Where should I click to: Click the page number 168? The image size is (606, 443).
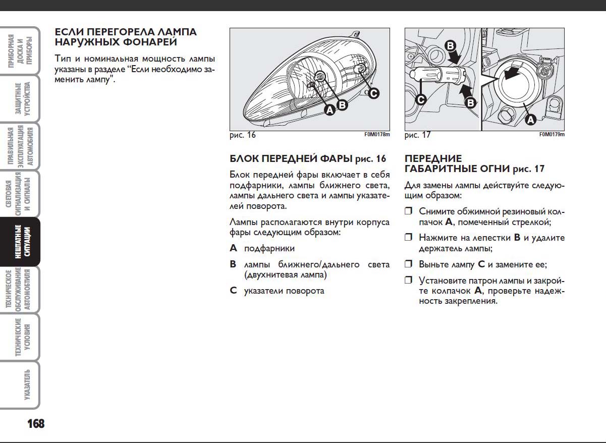coord(36,423)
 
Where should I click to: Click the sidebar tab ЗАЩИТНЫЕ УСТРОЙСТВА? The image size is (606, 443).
coord(20,99)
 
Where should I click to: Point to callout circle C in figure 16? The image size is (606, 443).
coord(372,93)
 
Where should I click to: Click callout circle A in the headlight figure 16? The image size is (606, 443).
coord(329,109)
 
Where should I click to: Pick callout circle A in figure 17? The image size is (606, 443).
coord(530,120)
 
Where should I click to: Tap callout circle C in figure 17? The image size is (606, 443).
coord(420,99)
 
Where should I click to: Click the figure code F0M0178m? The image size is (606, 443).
coord(377,135)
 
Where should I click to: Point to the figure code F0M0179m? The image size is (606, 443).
coord(552,135)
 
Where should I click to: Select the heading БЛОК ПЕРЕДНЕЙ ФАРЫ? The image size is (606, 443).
coord(291,159)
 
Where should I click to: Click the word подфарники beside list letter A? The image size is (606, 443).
coord(269,248)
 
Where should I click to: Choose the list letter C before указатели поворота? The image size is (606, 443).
coord(233,291)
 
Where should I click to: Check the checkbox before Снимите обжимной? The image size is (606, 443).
coord(409,211)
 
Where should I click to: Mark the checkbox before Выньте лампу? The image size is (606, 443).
coord(409,264)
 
